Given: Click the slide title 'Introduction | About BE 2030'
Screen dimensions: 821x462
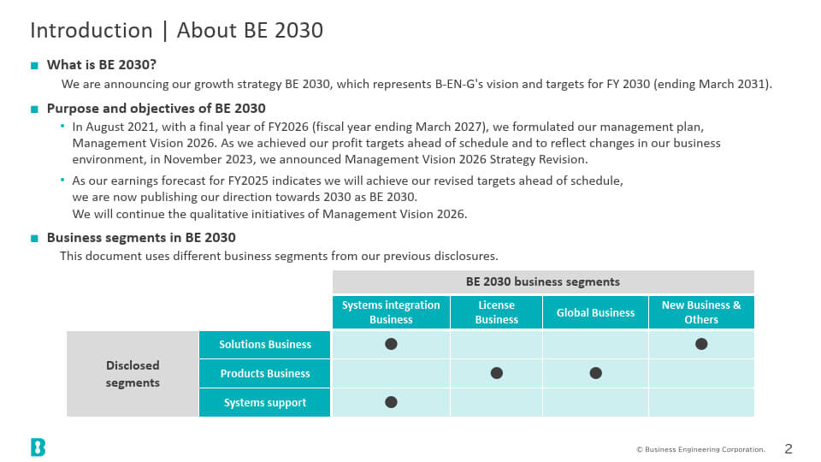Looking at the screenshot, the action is [176, 31].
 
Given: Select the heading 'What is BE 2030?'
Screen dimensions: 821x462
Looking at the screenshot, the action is [102, 65].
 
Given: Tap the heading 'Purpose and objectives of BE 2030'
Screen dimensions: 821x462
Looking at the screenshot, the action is [156, 109].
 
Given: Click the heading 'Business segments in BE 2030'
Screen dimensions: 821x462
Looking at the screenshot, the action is [141, 238].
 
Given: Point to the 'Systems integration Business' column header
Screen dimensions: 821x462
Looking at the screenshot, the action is [391, 312].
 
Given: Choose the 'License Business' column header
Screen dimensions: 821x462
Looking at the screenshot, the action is [496, 312].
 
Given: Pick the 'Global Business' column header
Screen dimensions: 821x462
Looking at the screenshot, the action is [595, 312].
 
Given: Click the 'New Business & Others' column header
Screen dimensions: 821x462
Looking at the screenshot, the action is [701, 312].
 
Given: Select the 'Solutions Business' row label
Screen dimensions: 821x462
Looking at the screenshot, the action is [264, 345].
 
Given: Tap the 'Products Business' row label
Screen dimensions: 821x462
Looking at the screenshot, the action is [264, 374].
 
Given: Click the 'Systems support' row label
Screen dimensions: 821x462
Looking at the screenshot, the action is [264, 402].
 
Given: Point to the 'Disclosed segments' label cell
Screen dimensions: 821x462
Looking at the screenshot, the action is [133, 374].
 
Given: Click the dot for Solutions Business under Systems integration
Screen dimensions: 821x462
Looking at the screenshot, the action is [391, 344].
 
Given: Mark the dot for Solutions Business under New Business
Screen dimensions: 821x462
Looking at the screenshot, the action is [701, 344].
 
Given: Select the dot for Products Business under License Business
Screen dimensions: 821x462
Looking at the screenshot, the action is [496, 373].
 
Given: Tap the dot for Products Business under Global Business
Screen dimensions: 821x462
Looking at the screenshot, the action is [595, 373].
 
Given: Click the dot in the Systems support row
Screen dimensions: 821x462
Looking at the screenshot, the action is [391, 402].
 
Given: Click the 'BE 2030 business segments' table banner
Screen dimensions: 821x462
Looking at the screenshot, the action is [543, 281].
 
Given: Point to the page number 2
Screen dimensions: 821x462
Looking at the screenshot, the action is [789, 449].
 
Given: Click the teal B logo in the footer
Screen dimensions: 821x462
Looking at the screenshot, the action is [38, 447].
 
